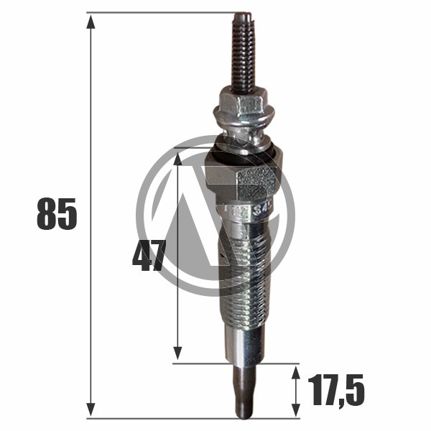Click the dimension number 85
(57, 213)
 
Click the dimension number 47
(149, 255)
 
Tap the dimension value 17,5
(336, 391)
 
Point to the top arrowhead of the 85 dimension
(91, 22)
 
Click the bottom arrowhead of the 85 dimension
(91, 409)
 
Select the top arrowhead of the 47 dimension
(178, 159)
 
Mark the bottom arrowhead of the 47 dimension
(178, 353)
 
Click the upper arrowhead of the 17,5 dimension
(295, 374)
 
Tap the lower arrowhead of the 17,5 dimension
(295, 410)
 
